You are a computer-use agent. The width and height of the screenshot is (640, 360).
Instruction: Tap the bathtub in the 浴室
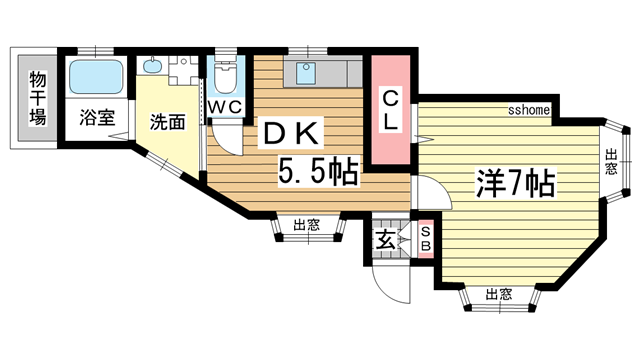(x=95, y=77)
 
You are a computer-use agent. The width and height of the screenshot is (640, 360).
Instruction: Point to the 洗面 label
(x=167, y=123)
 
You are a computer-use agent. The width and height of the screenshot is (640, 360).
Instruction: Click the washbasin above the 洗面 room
(x=152, y=68)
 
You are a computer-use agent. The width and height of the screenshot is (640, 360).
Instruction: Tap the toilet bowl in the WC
(x=226, y=77)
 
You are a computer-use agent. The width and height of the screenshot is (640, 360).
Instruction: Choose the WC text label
(x=224, y=106)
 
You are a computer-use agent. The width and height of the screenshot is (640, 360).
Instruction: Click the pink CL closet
(x=391, y=110)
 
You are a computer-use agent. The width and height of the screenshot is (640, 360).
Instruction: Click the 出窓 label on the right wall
(x=611, y=162)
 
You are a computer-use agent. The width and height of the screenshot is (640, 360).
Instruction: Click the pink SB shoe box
(x=424, y=240)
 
